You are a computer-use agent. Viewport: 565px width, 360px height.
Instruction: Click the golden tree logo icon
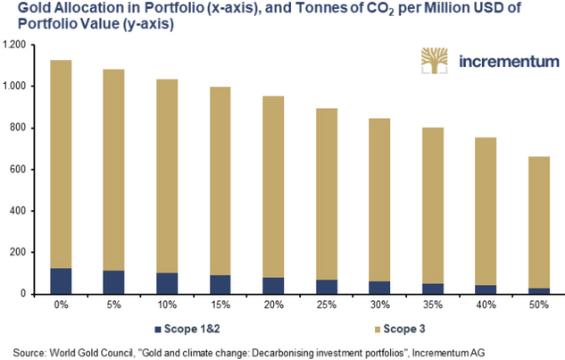[438, 62]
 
